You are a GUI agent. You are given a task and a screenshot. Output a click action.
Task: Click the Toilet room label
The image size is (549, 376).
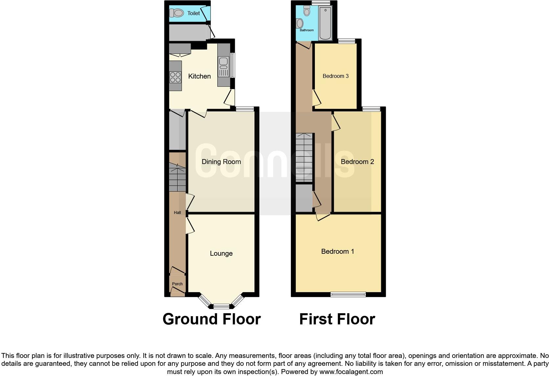(193, 13)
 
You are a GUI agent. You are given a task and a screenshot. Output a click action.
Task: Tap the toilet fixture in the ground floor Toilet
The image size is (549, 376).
(177, 13)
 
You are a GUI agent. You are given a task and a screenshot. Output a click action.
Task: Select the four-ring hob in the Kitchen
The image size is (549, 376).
(175, 77)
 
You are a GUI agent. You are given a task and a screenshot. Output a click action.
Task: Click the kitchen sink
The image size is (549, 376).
(224, 61)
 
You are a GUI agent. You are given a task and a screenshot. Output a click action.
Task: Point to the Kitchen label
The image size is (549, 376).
(199, 76)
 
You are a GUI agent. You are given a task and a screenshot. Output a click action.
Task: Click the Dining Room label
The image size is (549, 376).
(221, 162)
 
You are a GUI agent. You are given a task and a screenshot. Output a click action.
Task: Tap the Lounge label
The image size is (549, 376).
(221, 253)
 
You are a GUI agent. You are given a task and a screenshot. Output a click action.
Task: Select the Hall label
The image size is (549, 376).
(177, 213)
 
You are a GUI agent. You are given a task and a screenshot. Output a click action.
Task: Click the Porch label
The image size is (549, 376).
(177, 284)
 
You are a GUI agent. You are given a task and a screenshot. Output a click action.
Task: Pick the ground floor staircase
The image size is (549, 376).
(177, 178)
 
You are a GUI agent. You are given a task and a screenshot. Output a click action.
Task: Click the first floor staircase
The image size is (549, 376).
(304, 157)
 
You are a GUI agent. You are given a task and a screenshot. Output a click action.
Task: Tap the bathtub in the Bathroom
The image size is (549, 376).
(325, 23)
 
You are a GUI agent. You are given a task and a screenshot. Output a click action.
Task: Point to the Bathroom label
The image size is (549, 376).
(307, 30)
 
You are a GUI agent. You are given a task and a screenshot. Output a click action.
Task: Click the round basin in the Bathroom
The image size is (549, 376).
(299, 23)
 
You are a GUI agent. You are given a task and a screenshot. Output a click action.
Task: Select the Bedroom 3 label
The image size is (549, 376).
(336, 76)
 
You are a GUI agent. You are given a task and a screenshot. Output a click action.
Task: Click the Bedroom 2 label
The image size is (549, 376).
(357, 162)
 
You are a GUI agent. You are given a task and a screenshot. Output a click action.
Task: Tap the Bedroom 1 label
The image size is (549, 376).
(338, 251)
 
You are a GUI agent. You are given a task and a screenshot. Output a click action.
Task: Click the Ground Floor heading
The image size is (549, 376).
(211, 319)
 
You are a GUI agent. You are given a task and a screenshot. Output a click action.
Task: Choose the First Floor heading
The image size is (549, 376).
(337, 319)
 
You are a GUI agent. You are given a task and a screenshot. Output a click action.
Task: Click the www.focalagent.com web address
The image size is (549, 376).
(351, 372)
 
